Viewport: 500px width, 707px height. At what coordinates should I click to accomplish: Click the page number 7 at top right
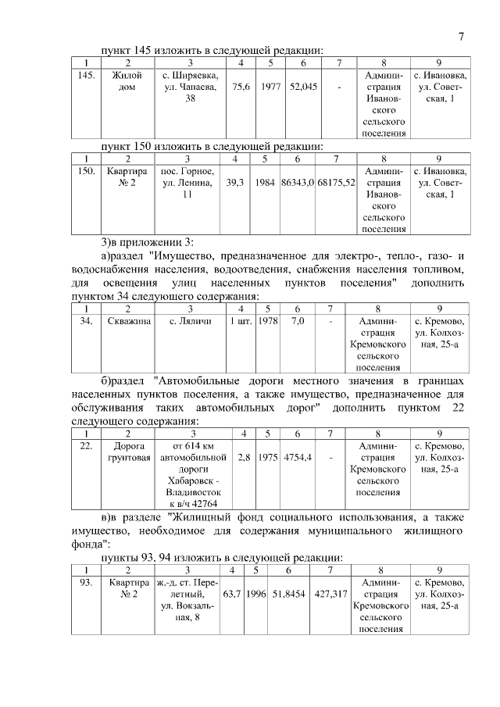point(462,37)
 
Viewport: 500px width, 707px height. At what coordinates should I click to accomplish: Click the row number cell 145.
point(87,76)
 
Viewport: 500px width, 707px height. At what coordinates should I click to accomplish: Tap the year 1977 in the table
point(270,87)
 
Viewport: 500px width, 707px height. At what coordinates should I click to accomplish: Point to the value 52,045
point(302,87)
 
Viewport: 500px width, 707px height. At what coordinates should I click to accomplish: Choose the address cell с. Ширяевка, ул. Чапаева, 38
point(190,87)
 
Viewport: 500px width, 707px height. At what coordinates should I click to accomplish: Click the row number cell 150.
point(87,171)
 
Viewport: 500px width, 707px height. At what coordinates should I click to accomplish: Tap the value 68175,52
point(336,182)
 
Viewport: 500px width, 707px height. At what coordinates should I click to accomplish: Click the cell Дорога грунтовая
point(128,452)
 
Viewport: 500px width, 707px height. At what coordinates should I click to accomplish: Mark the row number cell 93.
point(87,582)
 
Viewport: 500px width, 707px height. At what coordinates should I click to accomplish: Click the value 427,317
point(330,594)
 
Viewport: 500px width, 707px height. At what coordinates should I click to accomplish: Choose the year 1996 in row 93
point(255,594)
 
